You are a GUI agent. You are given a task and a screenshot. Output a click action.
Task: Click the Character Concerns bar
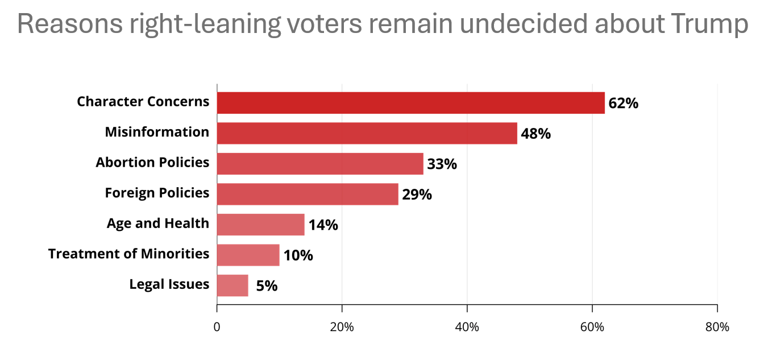coord(410,103)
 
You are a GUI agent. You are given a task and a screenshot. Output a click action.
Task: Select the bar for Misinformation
coord(367,133)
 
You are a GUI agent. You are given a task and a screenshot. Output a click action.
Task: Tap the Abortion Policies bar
coord(320,164)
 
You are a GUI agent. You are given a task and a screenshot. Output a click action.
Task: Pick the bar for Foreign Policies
coord(308,194)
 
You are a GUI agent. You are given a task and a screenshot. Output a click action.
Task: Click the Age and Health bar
coord(260,225)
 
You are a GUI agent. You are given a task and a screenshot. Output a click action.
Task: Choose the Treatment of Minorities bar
coord(248,255)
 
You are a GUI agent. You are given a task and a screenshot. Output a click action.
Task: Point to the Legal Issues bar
coord(232,285)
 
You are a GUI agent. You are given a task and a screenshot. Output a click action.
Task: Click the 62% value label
coord(623,104)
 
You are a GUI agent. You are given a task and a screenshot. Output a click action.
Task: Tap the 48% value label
coord(535,134)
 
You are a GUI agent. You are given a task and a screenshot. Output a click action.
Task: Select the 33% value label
coord(442,164)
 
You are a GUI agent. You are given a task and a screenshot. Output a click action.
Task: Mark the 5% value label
coord(267,286)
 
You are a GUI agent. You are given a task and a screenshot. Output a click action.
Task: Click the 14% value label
coord(323,225)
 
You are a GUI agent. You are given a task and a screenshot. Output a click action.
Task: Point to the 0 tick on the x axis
coord(217,328)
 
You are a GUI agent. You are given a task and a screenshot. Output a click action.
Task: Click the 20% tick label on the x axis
coord(342,328)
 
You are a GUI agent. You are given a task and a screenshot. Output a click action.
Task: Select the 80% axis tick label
coord(717,328)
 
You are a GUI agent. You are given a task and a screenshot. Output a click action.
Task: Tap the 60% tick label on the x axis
coord(592,328)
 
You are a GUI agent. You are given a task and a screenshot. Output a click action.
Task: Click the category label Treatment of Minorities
coord(128,254)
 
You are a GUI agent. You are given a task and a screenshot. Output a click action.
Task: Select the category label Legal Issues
coord(169,284)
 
